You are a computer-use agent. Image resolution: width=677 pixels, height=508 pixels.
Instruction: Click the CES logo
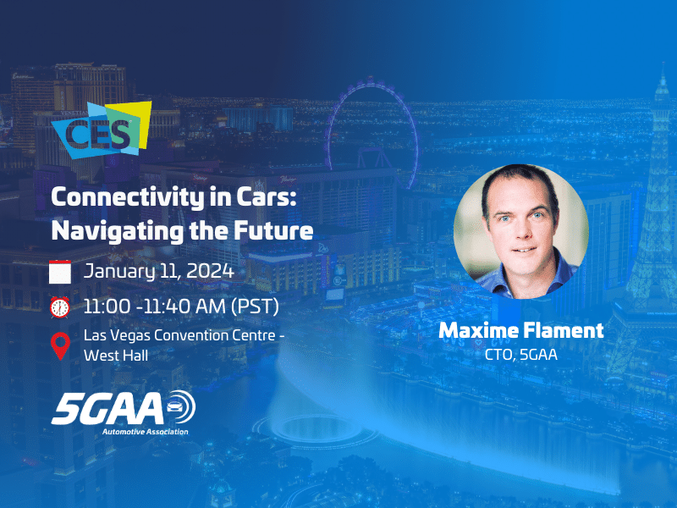102,130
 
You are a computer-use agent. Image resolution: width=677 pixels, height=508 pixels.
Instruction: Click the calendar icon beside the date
60,272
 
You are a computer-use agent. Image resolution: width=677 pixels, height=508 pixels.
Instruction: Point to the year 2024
210,271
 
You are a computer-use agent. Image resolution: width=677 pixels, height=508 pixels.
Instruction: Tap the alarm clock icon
59,307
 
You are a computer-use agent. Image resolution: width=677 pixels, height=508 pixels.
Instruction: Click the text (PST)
255,306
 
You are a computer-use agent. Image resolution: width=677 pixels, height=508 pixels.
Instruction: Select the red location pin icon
60,346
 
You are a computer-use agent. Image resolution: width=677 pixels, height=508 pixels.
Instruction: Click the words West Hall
116,356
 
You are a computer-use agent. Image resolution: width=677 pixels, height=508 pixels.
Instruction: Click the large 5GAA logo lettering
108,408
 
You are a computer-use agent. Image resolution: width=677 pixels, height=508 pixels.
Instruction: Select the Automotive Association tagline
145,432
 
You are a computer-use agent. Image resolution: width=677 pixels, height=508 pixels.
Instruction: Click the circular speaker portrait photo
521,231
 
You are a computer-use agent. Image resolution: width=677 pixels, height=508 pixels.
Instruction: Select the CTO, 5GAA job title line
521,355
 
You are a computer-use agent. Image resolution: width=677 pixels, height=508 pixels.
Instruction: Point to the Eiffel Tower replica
647,224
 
